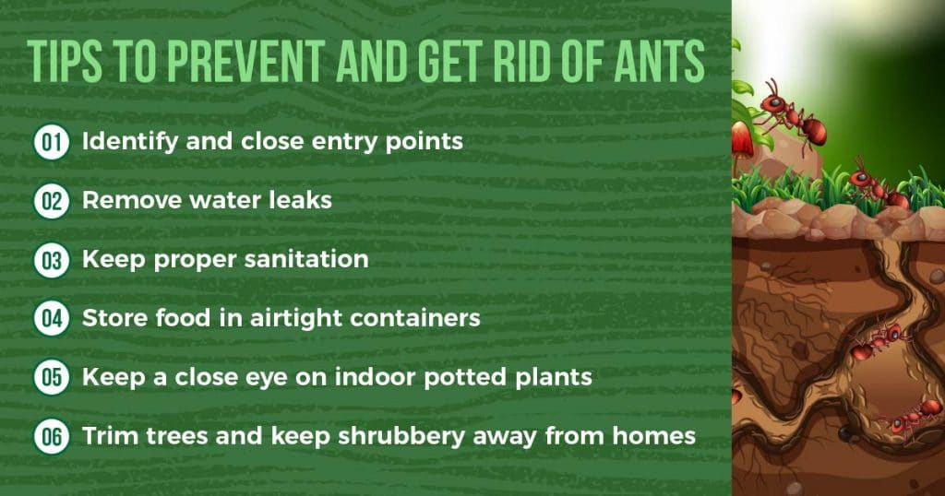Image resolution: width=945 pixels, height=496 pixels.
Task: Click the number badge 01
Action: [51, 143]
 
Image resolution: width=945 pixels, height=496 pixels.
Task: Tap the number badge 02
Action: [51, 201]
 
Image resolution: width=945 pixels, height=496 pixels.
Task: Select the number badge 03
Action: [51, 260]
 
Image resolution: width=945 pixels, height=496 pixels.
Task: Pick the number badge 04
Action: [51, 318]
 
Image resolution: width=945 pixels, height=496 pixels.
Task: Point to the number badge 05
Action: [51, 377]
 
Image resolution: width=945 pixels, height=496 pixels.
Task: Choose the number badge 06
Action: [51, 435]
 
